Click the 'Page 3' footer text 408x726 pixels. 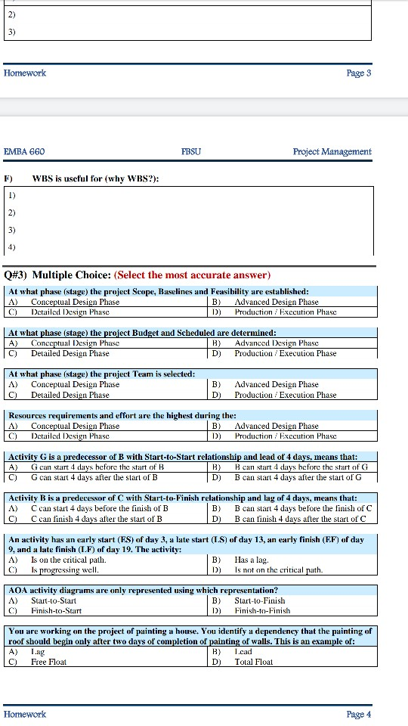(359, 73)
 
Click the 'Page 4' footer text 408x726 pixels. (359, 714)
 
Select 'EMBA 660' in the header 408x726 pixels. (24, 151)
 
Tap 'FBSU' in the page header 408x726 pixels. (191, 151)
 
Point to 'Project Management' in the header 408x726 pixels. (332, 151)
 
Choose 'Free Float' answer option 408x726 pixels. (48, 662)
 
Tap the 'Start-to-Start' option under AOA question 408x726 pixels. (53, 600)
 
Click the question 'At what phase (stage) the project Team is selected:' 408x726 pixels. (101, 374)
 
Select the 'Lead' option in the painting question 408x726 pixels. (243, 651)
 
